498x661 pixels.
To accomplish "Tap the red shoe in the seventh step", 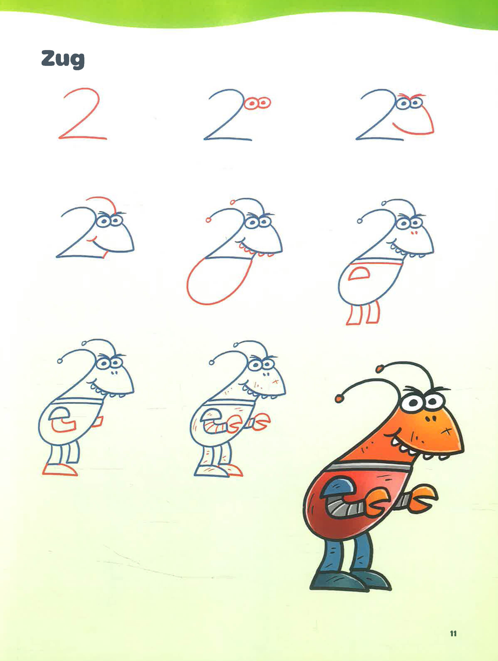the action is pos(60,470).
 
